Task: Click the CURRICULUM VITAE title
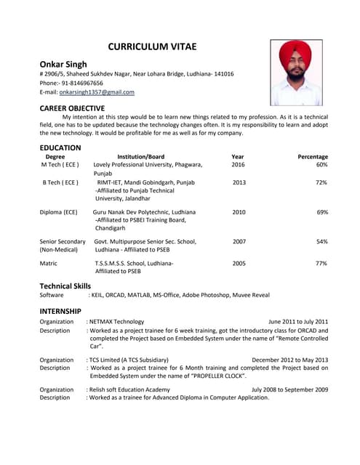(x=152, y=47)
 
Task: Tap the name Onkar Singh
(x=63, y=64)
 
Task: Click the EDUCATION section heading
(x=60, y=147)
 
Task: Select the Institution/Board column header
(x=140, y=156)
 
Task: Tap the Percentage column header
(x=313, y=156)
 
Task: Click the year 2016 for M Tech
(x=238, y=165)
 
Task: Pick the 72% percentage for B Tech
(x=321, y=182)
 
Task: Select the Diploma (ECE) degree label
(x=58, y=212)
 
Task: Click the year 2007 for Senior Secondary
(x=239, y=241)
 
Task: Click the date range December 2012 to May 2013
(x=289, y=360)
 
